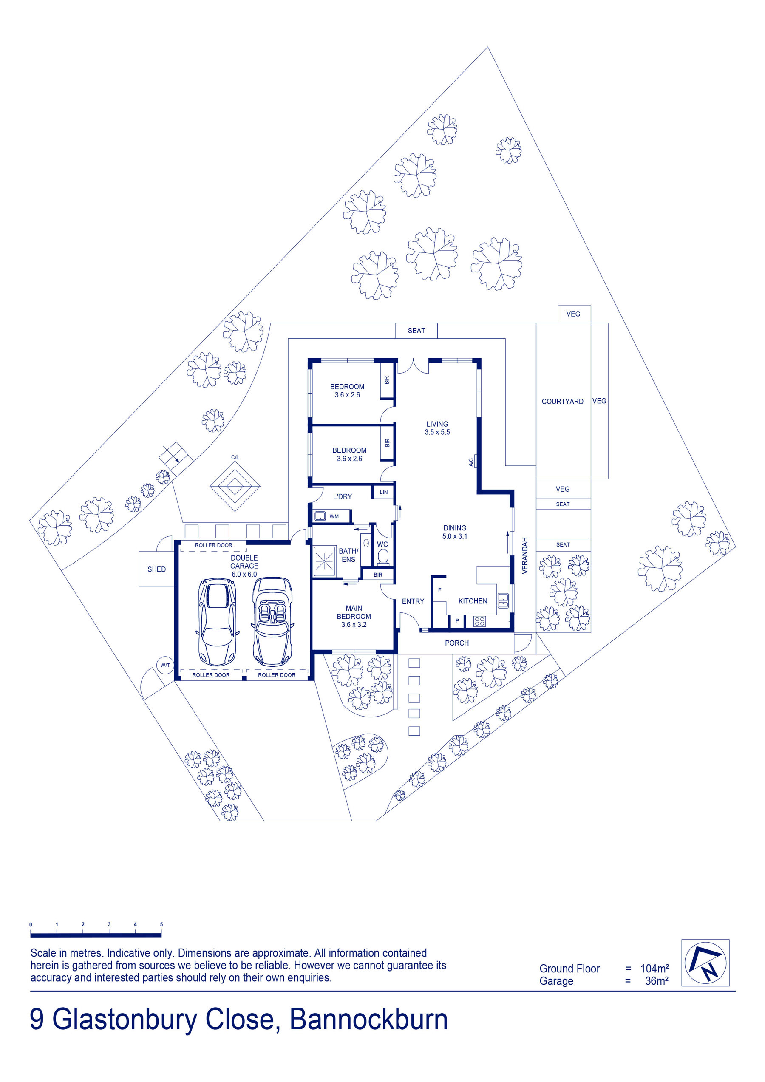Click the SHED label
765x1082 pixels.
point(156,569)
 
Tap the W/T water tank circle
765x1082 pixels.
point(165,666)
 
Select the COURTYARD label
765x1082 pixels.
point(562,402)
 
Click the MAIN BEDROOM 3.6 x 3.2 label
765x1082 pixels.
point(354,616)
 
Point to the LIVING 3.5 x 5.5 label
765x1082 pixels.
point(437,428)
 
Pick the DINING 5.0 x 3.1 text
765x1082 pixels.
point(455,532)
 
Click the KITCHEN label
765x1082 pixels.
point(473,601)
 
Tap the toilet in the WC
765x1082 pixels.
point(383,557)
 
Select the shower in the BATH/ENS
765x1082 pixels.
point(325,561)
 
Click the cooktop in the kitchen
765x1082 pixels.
point(479,621)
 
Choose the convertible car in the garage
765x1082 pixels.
point(273,622)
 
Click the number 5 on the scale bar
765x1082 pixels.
point(161,924)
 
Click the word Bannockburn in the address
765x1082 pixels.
point(368,1020)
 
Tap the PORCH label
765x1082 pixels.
point(457,643)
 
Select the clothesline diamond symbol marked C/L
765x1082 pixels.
point(235,486)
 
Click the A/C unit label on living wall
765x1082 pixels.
point(471,462)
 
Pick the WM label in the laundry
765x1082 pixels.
point(334,516)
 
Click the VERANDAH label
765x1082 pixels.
point(524,555)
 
